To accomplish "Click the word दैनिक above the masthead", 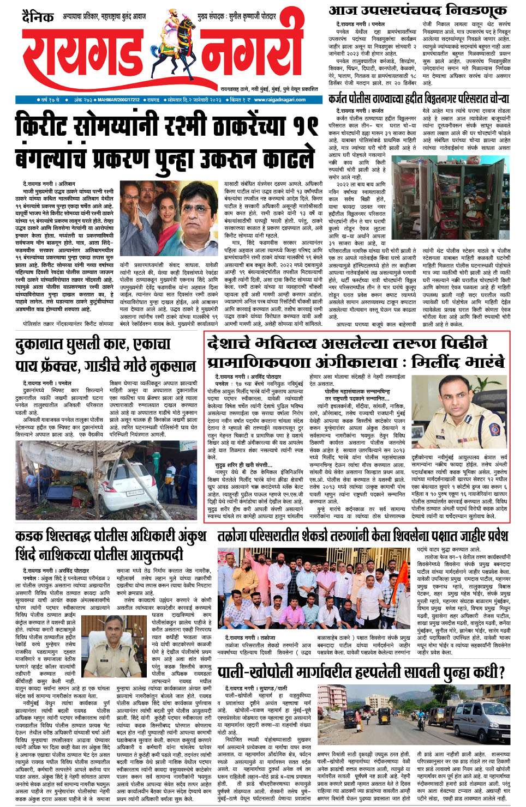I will click(x=38, y=17).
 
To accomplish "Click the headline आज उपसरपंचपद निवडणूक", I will click(x=418, y=10).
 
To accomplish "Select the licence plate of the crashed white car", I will click(x=134, y=493).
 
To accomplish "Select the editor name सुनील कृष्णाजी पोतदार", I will click(x=252, y=17).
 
